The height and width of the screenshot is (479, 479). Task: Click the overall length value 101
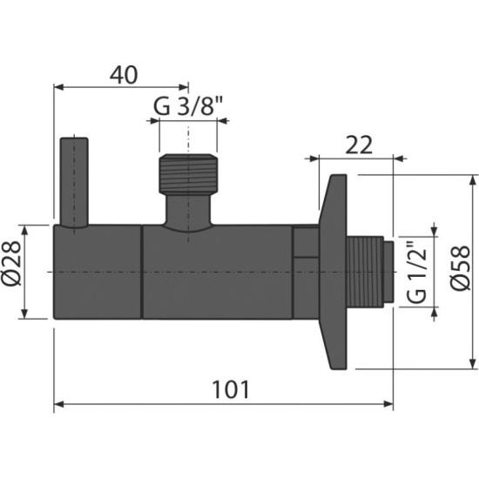click(x=231, y=390)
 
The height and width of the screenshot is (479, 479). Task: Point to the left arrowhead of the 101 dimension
click(x=59, y=404)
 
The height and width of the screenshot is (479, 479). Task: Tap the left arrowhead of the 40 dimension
click(x=59, y=87)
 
